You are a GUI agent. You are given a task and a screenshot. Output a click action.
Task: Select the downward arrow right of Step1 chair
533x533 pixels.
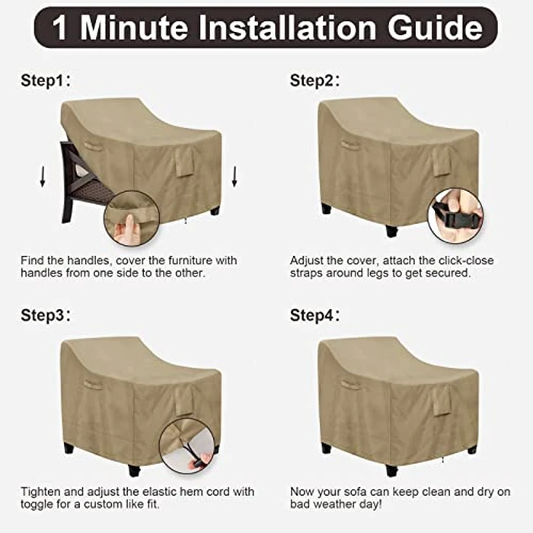pos(235,177)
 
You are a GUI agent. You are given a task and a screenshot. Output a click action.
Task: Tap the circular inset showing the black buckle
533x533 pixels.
pos(455,215)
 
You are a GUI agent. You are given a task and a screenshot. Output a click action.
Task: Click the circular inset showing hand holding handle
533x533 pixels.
pos(131,218)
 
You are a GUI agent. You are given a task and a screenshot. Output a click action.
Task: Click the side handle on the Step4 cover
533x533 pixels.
pos(351,385)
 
